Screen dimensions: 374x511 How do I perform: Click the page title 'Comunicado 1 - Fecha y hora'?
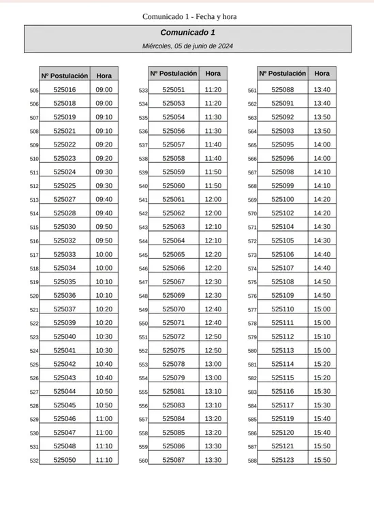pyautogui.click(x=189, y=16)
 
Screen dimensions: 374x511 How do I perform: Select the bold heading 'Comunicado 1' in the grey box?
pyautogui.click(x=188, y=33)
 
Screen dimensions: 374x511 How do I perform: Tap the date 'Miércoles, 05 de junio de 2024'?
pyautogui.click(x=188, y=46)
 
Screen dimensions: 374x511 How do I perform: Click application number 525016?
pyautogui.click(x=65, y=89)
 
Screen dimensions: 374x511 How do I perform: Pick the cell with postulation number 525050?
pyautogui.click(x=65, y=460)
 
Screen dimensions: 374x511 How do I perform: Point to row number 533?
pyautogui.click(x=143, y=90)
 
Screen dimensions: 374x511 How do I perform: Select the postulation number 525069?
pyautogui.click(x=174, y=295)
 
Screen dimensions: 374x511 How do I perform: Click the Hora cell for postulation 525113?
pyautogui.click(x=322, y=350)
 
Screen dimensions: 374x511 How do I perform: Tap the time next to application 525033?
pyautogui.click(x=104, y=254)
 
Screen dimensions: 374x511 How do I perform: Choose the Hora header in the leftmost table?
pyautogui.click(x=104, y=76)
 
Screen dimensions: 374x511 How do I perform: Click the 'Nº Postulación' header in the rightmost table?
pyautogui.click(x=282, y=73)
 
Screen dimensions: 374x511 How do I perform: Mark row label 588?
pyautogui.click(x=252, y=461)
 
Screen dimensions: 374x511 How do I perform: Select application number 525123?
pyautogui.click(x=282, y=460)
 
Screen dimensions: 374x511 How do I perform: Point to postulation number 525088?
pyautogui.click(x=282, y=89)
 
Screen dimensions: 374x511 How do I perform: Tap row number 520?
pyautogui.click(x=35, y=296)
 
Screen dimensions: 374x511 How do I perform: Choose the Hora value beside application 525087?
pyautogui.click(x=213, y=460)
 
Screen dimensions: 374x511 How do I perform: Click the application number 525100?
pyautogui.click(x=282, y=199)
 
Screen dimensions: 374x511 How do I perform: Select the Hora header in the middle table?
pyautogui.click(x=213, y=73)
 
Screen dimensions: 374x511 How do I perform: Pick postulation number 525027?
pyautogui.click(x=65, y=199)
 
